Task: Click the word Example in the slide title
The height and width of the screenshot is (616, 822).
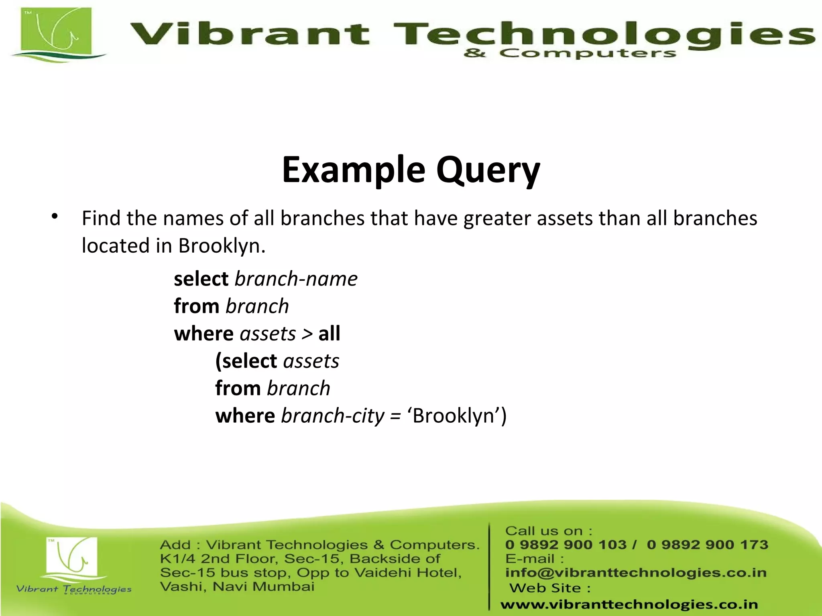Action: (x=353, y=170)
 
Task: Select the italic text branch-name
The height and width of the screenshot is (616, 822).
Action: (x=296, y=279)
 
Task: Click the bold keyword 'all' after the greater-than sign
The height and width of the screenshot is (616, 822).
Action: (x=329, y=333)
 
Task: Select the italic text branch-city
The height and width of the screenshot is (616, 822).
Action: (x=332, y=415)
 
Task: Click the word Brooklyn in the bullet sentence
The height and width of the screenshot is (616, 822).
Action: (x=221, y=245)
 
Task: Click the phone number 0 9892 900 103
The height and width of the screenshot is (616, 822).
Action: (x=565, y=545)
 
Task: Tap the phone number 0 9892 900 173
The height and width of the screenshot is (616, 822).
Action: (x=707, y=545)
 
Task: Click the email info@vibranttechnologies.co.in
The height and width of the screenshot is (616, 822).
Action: (x=635, y=573)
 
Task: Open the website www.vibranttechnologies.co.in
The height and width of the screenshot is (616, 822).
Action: (x=629, y=604)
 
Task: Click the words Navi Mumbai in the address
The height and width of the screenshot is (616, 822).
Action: (x=263, y=587)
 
